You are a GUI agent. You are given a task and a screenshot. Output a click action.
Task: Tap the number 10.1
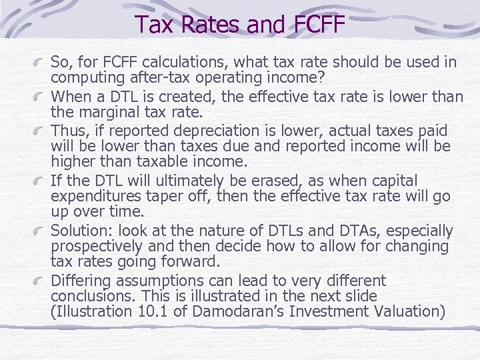(157, 311)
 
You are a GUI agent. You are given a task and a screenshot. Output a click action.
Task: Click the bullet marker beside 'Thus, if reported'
(42, 131)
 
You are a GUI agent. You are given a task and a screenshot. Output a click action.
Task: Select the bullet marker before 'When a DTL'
(42, 97)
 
